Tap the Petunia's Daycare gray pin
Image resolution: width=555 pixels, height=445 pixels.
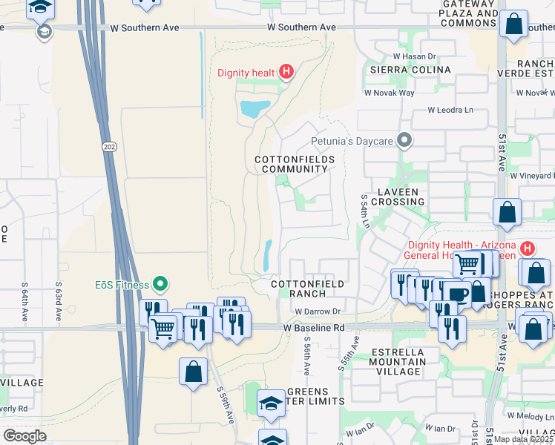click(404, 139)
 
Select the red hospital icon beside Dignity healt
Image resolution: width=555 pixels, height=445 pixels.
click(287, 73)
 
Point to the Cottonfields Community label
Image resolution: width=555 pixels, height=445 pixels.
click(295, 164)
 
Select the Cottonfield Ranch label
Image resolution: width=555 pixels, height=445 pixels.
click(307, 289)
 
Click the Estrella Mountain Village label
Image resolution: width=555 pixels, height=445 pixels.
click(397, 362)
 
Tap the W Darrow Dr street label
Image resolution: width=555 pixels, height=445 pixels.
click(317, 311)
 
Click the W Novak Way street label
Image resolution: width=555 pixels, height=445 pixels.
click(389, 93)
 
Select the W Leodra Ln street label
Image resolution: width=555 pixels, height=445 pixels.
click(450, 110)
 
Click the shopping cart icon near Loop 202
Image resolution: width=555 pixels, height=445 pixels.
click(162, 327)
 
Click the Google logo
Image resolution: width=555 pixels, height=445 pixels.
click(24, 435)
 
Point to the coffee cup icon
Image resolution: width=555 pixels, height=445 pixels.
click(457, 294)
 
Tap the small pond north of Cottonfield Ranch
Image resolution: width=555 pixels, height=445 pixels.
click(267, 255)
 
